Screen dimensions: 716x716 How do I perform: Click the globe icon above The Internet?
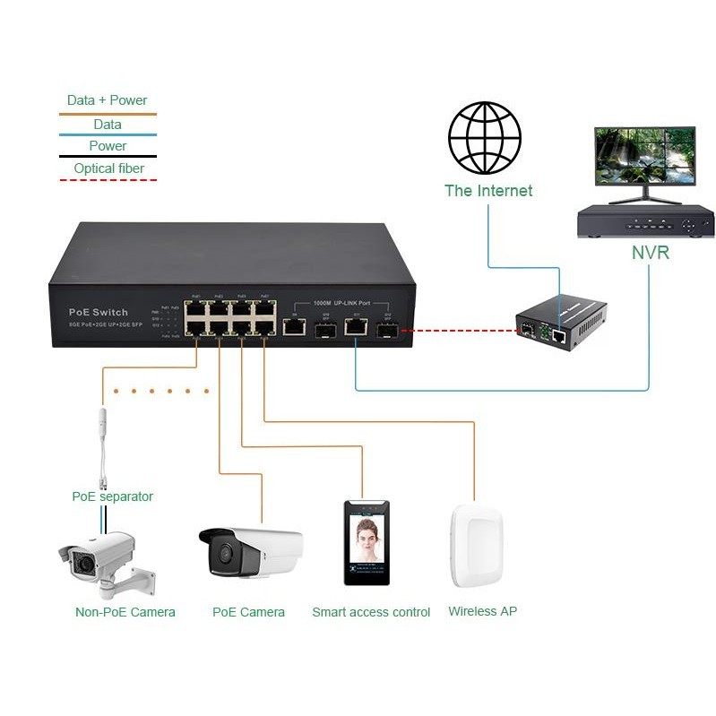[x=486, y=138]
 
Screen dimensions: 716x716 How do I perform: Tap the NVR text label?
[x=650, y=253]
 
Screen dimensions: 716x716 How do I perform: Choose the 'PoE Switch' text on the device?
[x=99, y=312]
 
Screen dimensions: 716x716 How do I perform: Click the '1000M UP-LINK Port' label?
[x=342, y=303]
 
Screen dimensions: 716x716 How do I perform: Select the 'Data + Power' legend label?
[x=107, y=100]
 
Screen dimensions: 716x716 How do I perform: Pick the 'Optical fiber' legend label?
[x=108, y=168]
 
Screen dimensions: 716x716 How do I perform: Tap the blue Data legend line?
[x=108, y=136]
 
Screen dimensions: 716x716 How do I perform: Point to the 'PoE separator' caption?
[x=112, y=496]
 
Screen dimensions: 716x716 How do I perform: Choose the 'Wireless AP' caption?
[x=482, y=611]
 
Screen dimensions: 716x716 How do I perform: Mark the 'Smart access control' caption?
[x=371, y=612]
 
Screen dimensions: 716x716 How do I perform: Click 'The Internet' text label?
[x=488, y=191]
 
